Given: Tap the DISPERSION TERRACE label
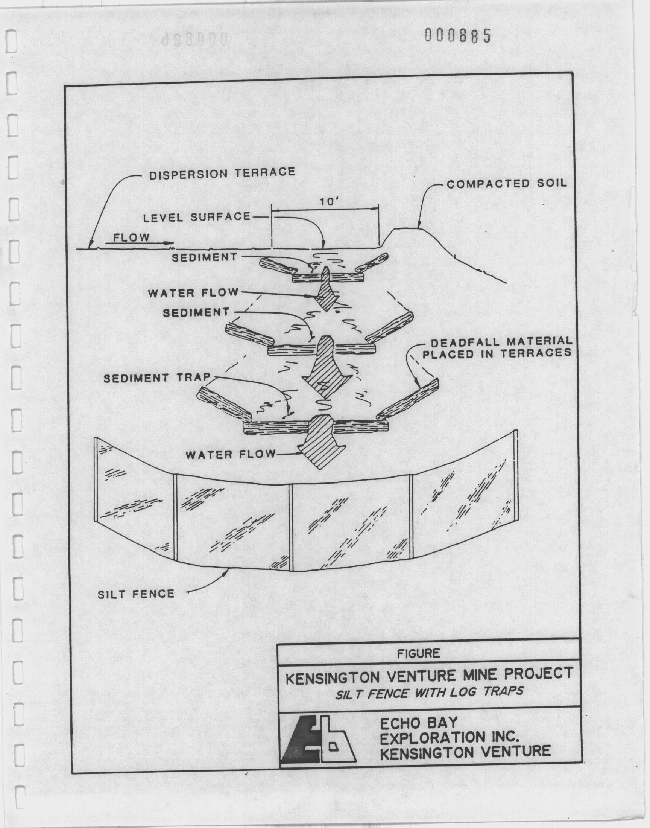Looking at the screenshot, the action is (222, 174).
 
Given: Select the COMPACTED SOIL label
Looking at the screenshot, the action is (507, 184).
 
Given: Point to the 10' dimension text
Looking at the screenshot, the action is (326, 202).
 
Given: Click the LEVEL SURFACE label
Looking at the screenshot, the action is (197, 218).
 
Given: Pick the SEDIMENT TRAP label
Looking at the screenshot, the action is (157, 377).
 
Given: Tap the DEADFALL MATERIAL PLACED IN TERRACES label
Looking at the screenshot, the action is (497, 347).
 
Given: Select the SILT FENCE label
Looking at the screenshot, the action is (136, 594).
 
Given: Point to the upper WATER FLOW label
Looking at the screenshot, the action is (193, 293).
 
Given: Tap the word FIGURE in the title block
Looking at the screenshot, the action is (419, 654).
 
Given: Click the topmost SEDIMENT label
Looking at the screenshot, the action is (204, 257).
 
